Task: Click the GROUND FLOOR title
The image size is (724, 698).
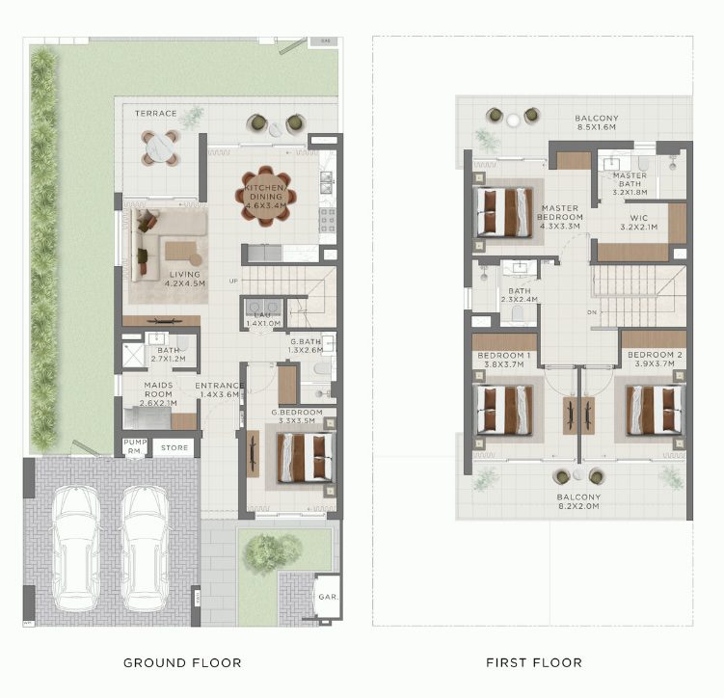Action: [x=182, y=662]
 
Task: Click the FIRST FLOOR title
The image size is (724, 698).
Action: [x=533, y=662]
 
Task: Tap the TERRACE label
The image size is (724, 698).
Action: [x=155, y=114]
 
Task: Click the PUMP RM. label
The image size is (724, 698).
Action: [x=135, y=447]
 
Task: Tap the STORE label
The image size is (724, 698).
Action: [x=174, y=447]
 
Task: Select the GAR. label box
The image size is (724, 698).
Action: [x=326, y=596]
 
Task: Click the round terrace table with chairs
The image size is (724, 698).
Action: [x=161, y=148]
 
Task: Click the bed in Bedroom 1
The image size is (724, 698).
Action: [x=503, y=410]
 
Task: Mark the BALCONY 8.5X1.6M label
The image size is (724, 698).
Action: [x=597, y=122]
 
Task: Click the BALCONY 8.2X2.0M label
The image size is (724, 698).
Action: [x=578, y=501]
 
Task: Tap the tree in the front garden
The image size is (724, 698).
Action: [x=264, y=551]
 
